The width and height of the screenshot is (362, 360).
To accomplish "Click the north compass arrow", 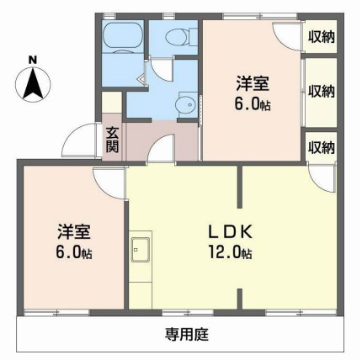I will coord(32,82).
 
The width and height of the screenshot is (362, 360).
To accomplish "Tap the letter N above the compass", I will coord(32,59).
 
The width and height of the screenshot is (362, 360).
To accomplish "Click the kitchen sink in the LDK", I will coord(140,250).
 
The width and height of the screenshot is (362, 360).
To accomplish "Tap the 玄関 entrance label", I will coord(112,140).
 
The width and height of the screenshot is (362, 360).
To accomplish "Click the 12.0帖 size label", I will coord(229,252).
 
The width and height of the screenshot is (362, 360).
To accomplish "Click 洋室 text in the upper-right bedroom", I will coord(253,83).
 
